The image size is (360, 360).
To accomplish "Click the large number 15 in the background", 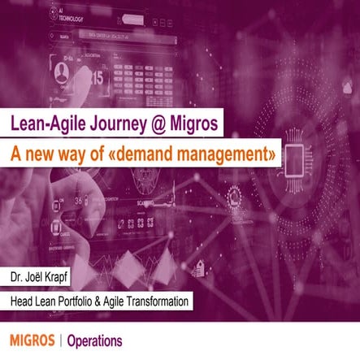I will coord(96,78).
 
